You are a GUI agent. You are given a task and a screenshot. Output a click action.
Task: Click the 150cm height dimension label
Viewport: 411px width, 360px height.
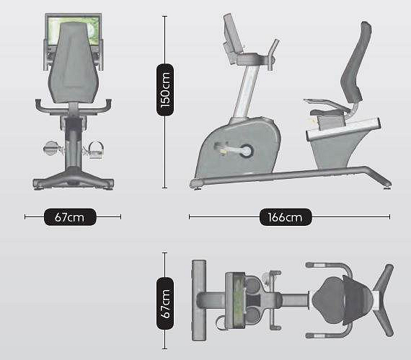point(165,89)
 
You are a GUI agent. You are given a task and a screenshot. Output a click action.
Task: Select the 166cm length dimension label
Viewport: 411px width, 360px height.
point(286,217)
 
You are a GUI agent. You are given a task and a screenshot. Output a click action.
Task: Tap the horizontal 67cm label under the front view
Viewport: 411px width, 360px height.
point(70,217)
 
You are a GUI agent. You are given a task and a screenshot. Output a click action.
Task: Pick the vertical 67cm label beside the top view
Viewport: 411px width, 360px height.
point(165,303)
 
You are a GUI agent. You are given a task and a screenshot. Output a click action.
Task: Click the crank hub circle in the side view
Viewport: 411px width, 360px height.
point(246,150)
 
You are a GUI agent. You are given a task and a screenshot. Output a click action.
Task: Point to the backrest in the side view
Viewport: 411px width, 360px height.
point(356,62)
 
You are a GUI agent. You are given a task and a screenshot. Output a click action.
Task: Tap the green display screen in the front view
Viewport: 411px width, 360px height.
point(74,30)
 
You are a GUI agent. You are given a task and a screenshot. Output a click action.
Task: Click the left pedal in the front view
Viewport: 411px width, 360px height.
point(51,149)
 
